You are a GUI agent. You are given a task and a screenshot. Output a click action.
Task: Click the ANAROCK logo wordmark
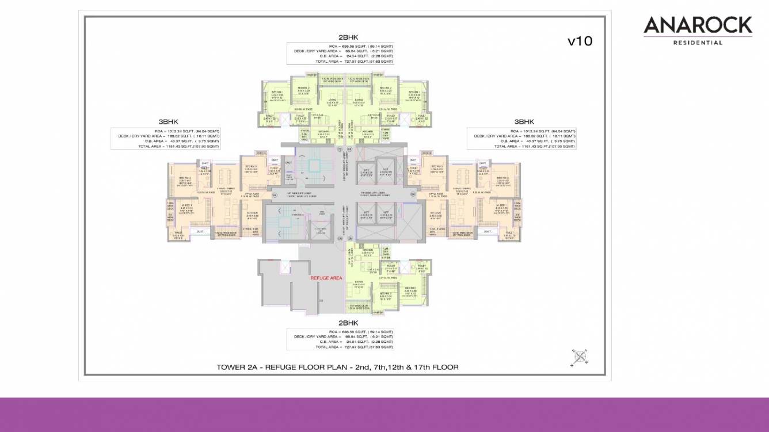pyautogui.click(x=698, y=25)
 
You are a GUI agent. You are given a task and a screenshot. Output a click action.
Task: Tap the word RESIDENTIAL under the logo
pyautogui.click(x=698, y=43)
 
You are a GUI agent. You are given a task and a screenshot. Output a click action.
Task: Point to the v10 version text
pyautogui.click(x=579, y=41)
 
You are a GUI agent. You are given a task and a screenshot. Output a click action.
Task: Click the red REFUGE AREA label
pyautogui.click(x=326, y=278)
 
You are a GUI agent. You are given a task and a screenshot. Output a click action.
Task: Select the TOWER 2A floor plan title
pyautogui.click(x=337, y=366)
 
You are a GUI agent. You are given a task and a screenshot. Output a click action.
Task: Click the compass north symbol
pyautogui.click(x=580, y=357)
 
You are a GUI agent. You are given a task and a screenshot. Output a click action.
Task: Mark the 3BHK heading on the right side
pyautogui.click(x=524, y=122)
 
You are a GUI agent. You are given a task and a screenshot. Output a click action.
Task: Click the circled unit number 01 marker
pyautogui.click(x=275, y=195)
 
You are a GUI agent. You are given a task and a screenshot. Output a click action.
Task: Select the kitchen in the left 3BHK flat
pyautogui.click(x=253, y=216)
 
